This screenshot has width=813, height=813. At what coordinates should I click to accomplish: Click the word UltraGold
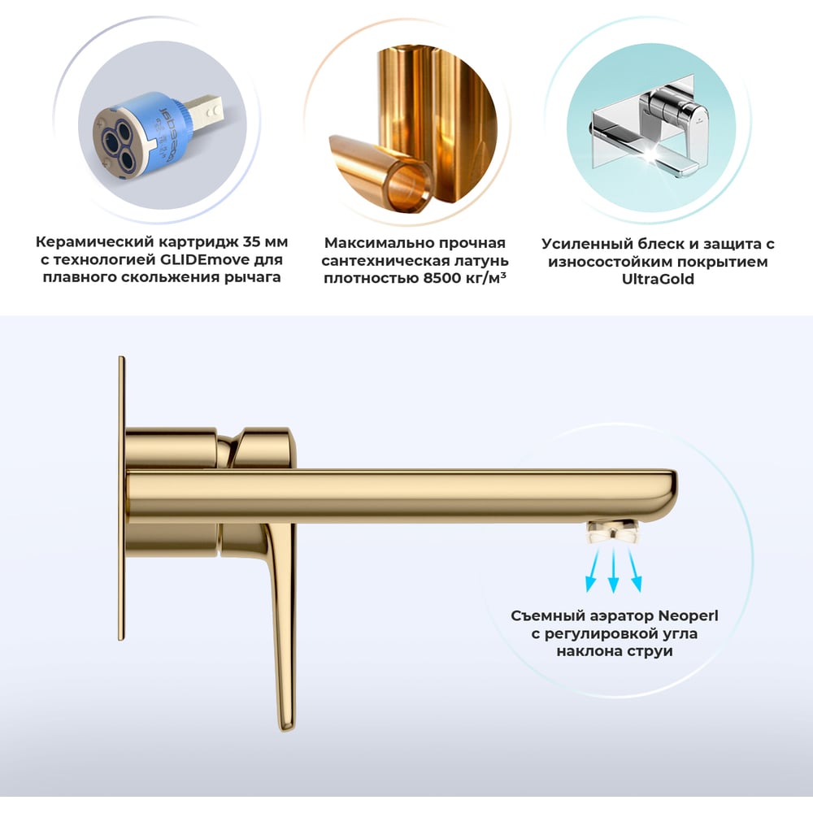(x=658, y=279)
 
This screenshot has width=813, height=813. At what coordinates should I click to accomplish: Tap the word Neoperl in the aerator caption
(x=688, y=616)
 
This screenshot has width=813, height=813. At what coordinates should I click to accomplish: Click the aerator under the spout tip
(x=612, y=532)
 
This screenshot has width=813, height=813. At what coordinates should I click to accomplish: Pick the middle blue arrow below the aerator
(x=613, y=570)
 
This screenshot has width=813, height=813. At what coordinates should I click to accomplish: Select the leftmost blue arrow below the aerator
(x=593, y=570)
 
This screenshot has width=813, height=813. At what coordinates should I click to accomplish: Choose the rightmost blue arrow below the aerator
(x=635, y=570)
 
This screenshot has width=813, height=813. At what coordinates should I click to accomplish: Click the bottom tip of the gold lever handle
(x=285, y=728)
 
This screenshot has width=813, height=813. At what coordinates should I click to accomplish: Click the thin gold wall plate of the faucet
(x=121, y=498)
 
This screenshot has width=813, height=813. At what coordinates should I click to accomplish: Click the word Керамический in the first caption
(x=94, y=242)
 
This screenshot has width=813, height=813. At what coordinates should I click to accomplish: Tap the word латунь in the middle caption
(x=480, y=261)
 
